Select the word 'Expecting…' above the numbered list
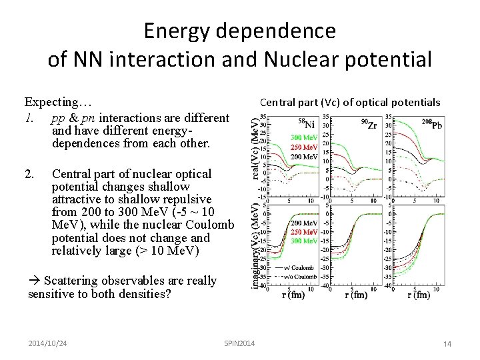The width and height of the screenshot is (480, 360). point(58,102)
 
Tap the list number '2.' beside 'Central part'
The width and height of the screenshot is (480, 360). point(29,174)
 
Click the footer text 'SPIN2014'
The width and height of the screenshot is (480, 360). point(239,342)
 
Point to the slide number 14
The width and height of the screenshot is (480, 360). point(447,343)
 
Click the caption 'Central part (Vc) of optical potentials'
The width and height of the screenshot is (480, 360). point(349,103)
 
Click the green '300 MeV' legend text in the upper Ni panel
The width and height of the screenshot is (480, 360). point(303,138)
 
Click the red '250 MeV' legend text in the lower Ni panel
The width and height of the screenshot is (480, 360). point(303,232)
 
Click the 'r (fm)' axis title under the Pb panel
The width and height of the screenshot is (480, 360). point(419,295)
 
